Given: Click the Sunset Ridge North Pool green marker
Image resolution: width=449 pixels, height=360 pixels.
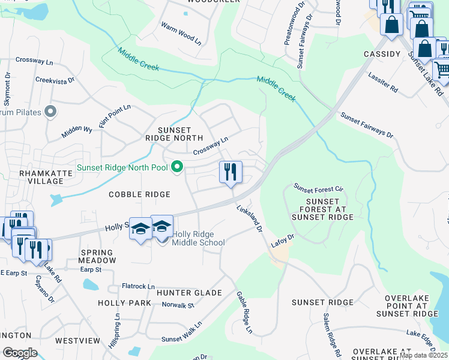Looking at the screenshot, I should [177, 167].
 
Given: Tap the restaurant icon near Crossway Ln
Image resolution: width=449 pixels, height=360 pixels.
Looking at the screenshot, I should [231, 173].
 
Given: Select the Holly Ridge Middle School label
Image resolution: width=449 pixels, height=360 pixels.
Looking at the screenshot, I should [198, 238].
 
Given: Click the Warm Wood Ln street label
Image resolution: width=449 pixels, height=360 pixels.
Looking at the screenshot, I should [181, 33].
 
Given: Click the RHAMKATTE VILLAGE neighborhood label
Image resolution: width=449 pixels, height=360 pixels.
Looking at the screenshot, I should [46, 177].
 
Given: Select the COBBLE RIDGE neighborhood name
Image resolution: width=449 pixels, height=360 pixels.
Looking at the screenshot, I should [139, 194].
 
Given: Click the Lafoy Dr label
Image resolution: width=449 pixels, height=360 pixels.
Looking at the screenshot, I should [282, 241].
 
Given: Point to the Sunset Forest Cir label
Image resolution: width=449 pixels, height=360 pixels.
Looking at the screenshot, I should [318, 188].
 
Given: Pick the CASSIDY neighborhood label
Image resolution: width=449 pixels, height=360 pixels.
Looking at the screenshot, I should [382, 54].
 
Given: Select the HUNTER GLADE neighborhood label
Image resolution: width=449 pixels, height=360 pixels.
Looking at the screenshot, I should [189, 293].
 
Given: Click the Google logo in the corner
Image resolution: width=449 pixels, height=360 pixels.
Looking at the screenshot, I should [20, 353].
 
